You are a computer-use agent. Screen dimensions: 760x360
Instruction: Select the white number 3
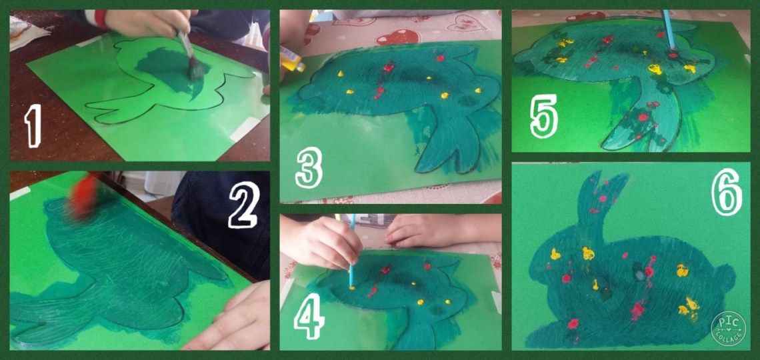[x=308, y=167]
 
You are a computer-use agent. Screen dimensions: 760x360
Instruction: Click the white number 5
[x=543, y=116]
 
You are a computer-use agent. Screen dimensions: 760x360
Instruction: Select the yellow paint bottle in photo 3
[x=292, y=59]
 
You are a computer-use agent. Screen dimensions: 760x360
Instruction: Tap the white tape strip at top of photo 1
[x=90, y=41]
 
